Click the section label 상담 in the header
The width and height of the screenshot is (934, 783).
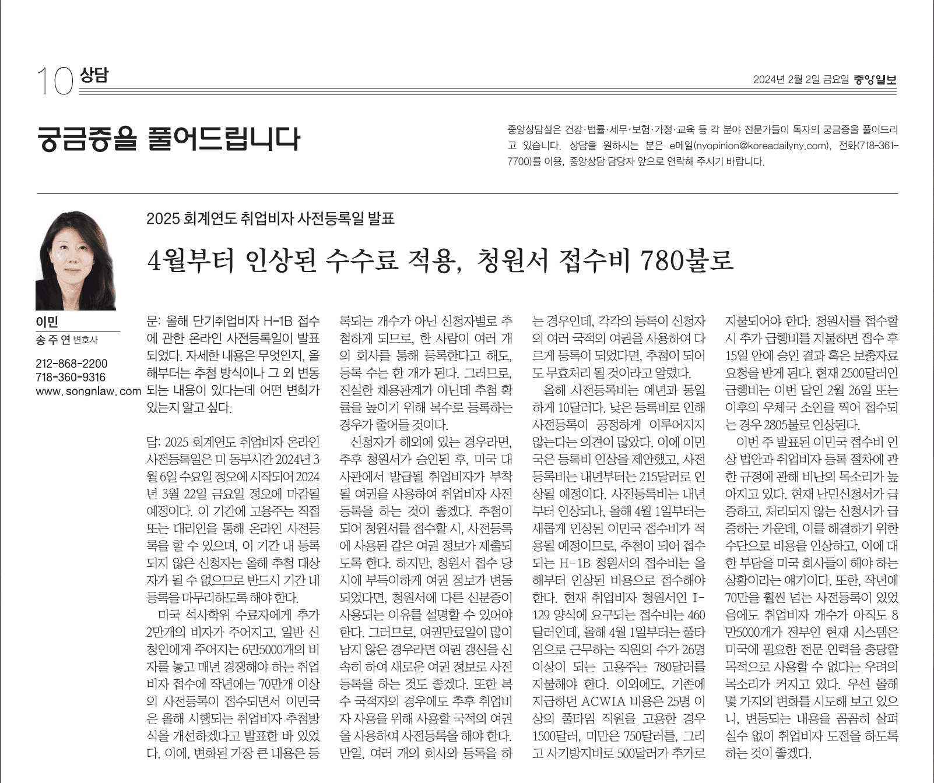tap(93, 75)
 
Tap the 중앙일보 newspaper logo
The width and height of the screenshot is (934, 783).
tap(875, 80)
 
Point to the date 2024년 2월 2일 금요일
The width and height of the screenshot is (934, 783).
tap(800, 80)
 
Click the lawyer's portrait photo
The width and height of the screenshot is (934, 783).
tap(76, 260)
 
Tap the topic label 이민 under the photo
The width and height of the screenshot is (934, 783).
tap(47, 322)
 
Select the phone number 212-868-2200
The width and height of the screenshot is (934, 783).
tap(71, 364)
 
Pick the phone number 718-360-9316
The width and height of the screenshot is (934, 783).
tap(71, 377)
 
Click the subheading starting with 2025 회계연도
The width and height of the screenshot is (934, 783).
tap(271, 218)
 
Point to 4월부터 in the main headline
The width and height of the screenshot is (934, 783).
tap(190, 260)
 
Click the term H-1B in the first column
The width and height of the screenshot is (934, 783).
tap(275, 321)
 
